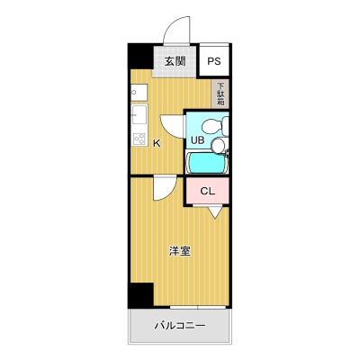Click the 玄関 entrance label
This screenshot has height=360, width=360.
click(x=175, y=61)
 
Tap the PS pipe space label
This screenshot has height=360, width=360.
click(x=214, y=61)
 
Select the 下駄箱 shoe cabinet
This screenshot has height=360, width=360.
click(x=220, y=94)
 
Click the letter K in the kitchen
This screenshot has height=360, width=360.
click(x=157, y=143)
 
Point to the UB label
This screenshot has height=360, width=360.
click(x=198, y=139)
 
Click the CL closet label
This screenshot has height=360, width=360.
click(x=208, y=191)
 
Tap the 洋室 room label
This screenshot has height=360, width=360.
click(x=180, y=251)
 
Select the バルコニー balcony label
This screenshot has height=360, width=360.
click(x=180, y=325)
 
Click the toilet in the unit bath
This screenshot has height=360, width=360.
click(x=215, y=126)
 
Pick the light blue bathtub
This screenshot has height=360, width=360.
click(x=207, y=163)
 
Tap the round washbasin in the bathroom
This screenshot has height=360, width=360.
click(x=219, y=146)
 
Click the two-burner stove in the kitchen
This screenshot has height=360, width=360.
click(x=139, y=139)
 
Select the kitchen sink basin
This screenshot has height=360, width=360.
click(x=139, y=114)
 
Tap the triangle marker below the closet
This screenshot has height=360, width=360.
click(x=215, y=212)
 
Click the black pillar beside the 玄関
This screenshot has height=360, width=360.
click(x=140, y=56)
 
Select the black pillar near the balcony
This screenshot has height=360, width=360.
click(x=140, y=294)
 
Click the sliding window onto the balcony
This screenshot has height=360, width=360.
click(x=198, y=308)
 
